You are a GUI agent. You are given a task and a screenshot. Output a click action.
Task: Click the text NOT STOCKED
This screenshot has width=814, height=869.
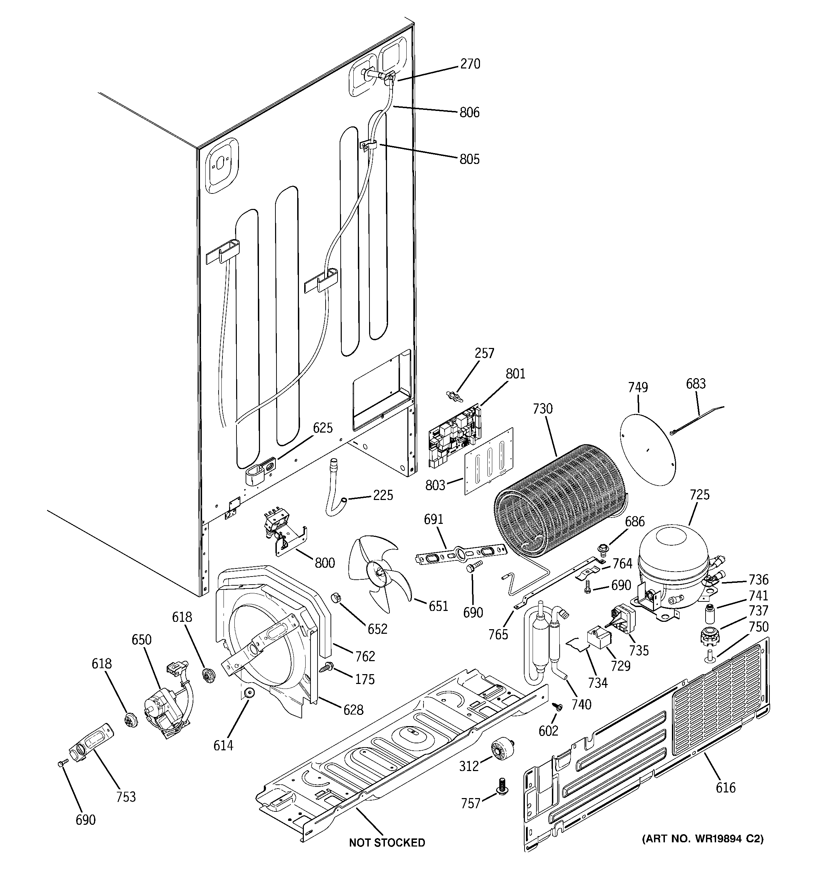(x=387, y=842)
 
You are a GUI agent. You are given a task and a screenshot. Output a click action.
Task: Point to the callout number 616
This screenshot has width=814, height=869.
(x=725, y=788)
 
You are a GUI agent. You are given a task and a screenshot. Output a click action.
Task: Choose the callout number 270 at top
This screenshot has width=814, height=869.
(x=470, y=64)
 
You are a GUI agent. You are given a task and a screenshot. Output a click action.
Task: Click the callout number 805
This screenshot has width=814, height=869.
(x=469, y=159)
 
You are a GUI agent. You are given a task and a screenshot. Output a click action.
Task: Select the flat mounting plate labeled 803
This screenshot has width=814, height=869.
(x=488, y=461)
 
